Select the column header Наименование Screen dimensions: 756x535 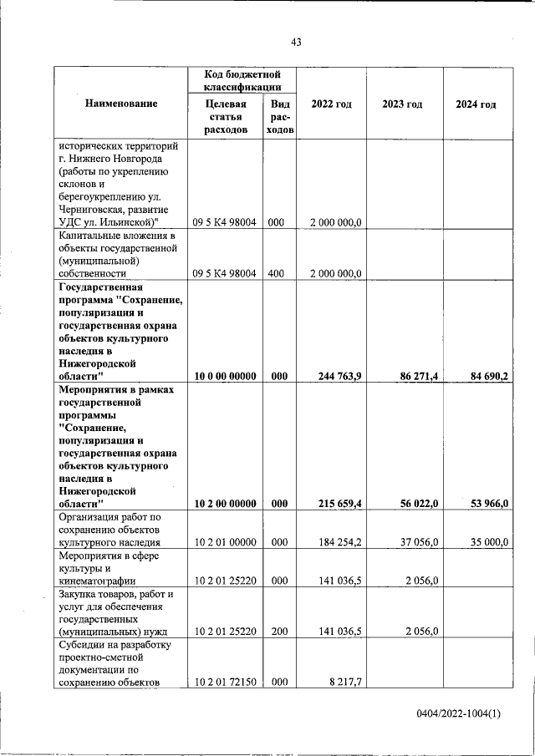click(121, 104)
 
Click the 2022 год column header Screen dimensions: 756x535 click(331, 104)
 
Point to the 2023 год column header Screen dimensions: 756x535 click(402, 104)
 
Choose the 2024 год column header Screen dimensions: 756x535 click(476, 104)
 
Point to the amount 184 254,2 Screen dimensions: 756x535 click(339, 542)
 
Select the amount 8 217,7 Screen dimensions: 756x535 click(345, 682)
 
